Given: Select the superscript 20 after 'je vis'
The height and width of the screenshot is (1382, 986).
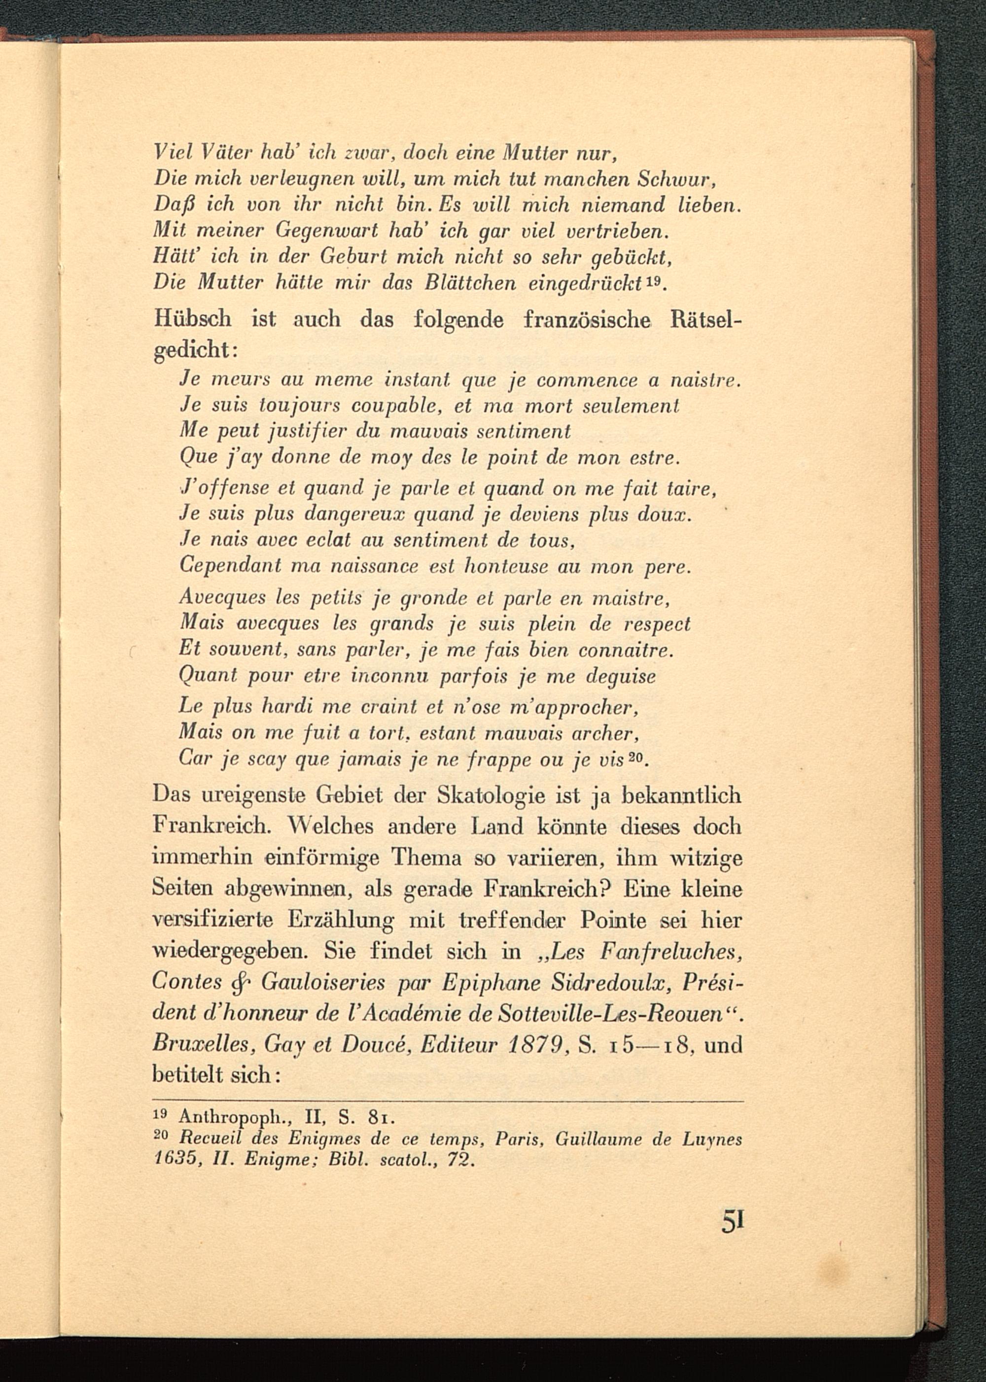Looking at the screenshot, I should pyautogui.click(x=637, y=757).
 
